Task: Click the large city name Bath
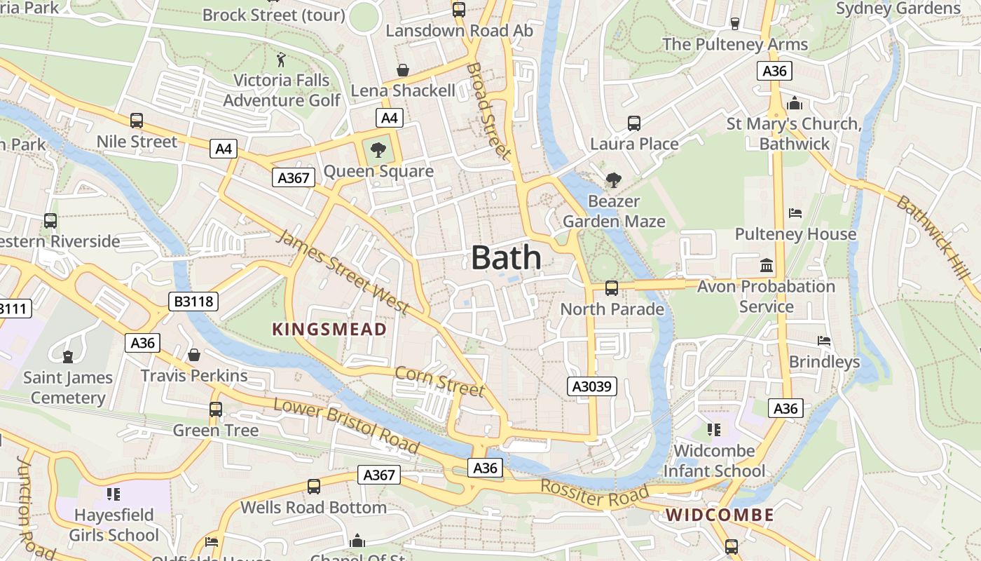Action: click(506, 258)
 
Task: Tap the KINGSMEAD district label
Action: click(329, 330)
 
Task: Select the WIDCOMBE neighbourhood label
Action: click(720, 515)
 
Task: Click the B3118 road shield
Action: click(194, 302)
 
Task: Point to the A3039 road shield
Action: click(592, 386)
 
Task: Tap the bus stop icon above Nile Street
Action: click(137, 121)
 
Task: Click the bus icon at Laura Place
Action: click(634, 123)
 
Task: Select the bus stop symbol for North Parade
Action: click(611, 288)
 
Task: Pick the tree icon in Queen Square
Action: click(378, 149)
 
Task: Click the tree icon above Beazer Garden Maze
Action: click(614, 180)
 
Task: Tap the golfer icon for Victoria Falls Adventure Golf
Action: click(282, 59)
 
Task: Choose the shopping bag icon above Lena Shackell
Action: click(403, 70)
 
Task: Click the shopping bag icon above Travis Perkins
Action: click(194, 356)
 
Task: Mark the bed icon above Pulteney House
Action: click(795, 212)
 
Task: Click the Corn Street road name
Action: click(439, 381)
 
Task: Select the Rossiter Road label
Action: click(594, 494)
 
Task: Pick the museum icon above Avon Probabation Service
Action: click(766, 266)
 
